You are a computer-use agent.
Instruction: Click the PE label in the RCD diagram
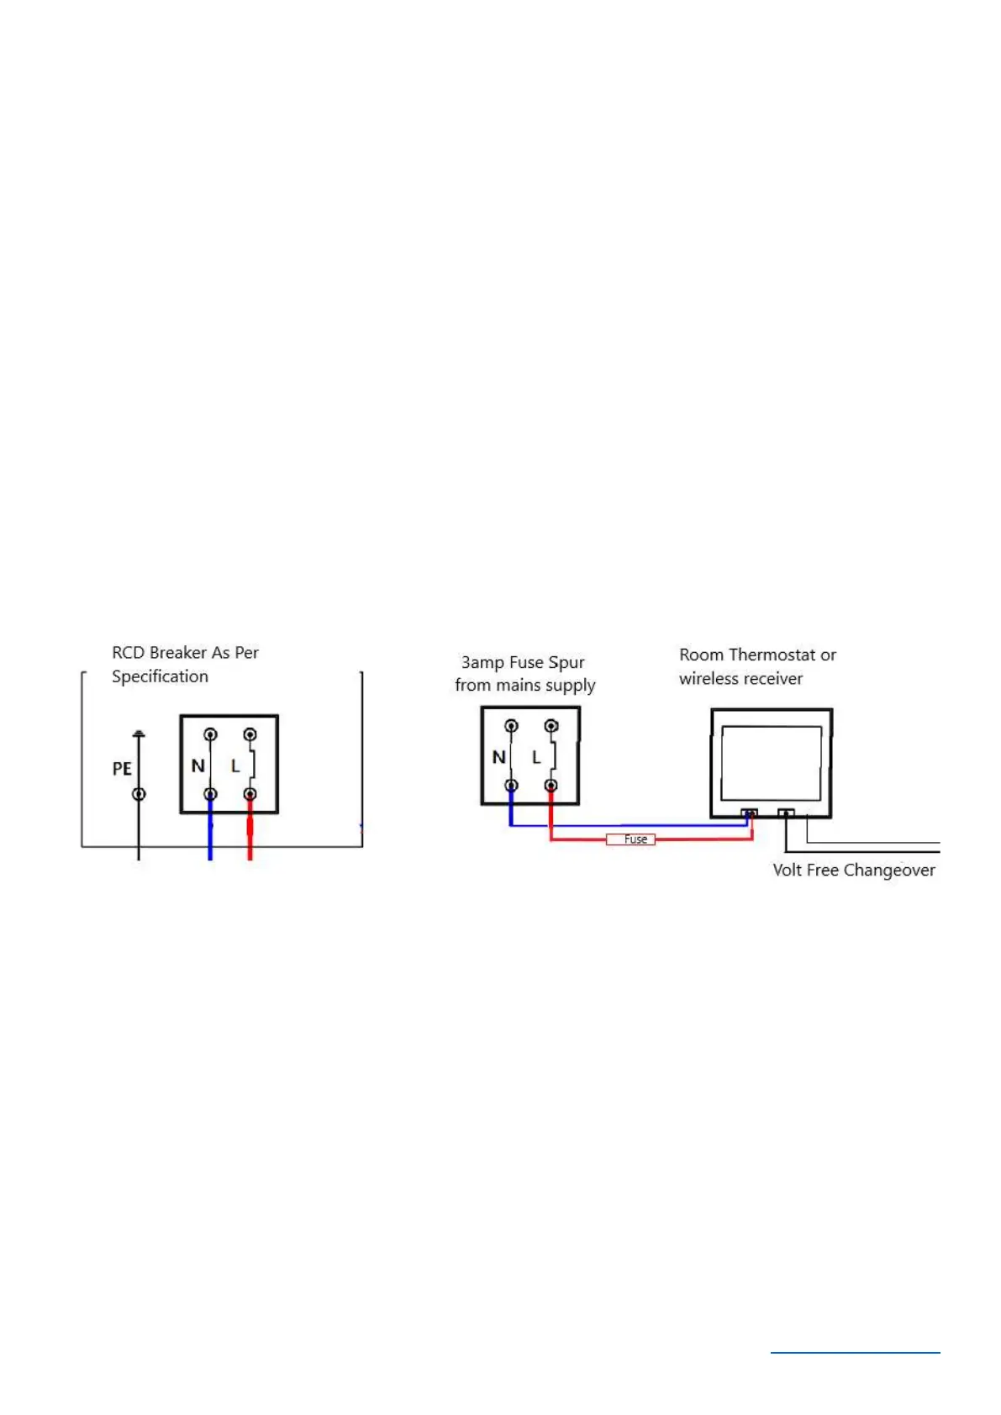[122, 769]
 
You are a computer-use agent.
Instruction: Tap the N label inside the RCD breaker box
[198, 765]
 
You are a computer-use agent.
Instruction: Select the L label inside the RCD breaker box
[235, 765]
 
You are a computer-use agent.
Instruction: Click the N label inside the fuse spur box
[498, 757]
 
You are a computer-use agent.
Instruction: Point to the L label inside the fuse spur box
[536, 757]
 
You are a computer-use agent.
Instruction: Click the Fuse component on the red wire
[630, 839]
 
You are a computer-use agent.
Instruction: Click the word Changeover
[889, 871]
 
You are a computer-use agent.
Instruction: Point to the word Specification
[160, 676]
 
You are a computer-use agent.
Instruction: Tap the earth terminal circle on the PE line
[140, 794]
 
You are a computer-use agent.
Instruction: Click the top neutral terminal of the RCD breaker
[210, 734]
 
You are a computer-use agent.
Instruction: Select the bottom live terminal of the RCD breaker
[250, 794]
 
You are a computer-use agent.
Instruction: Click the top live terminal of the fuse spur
[551, 726]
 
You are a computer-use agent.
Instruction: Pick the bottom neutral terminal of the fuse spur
[511, 786]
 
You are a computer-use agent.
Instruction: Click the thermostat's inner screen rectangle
[771, 763]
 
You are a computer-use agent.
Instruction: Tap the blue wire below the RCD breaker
[210, 836]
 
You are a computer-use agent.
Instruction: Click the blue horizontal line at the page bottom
[855, 1353]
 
